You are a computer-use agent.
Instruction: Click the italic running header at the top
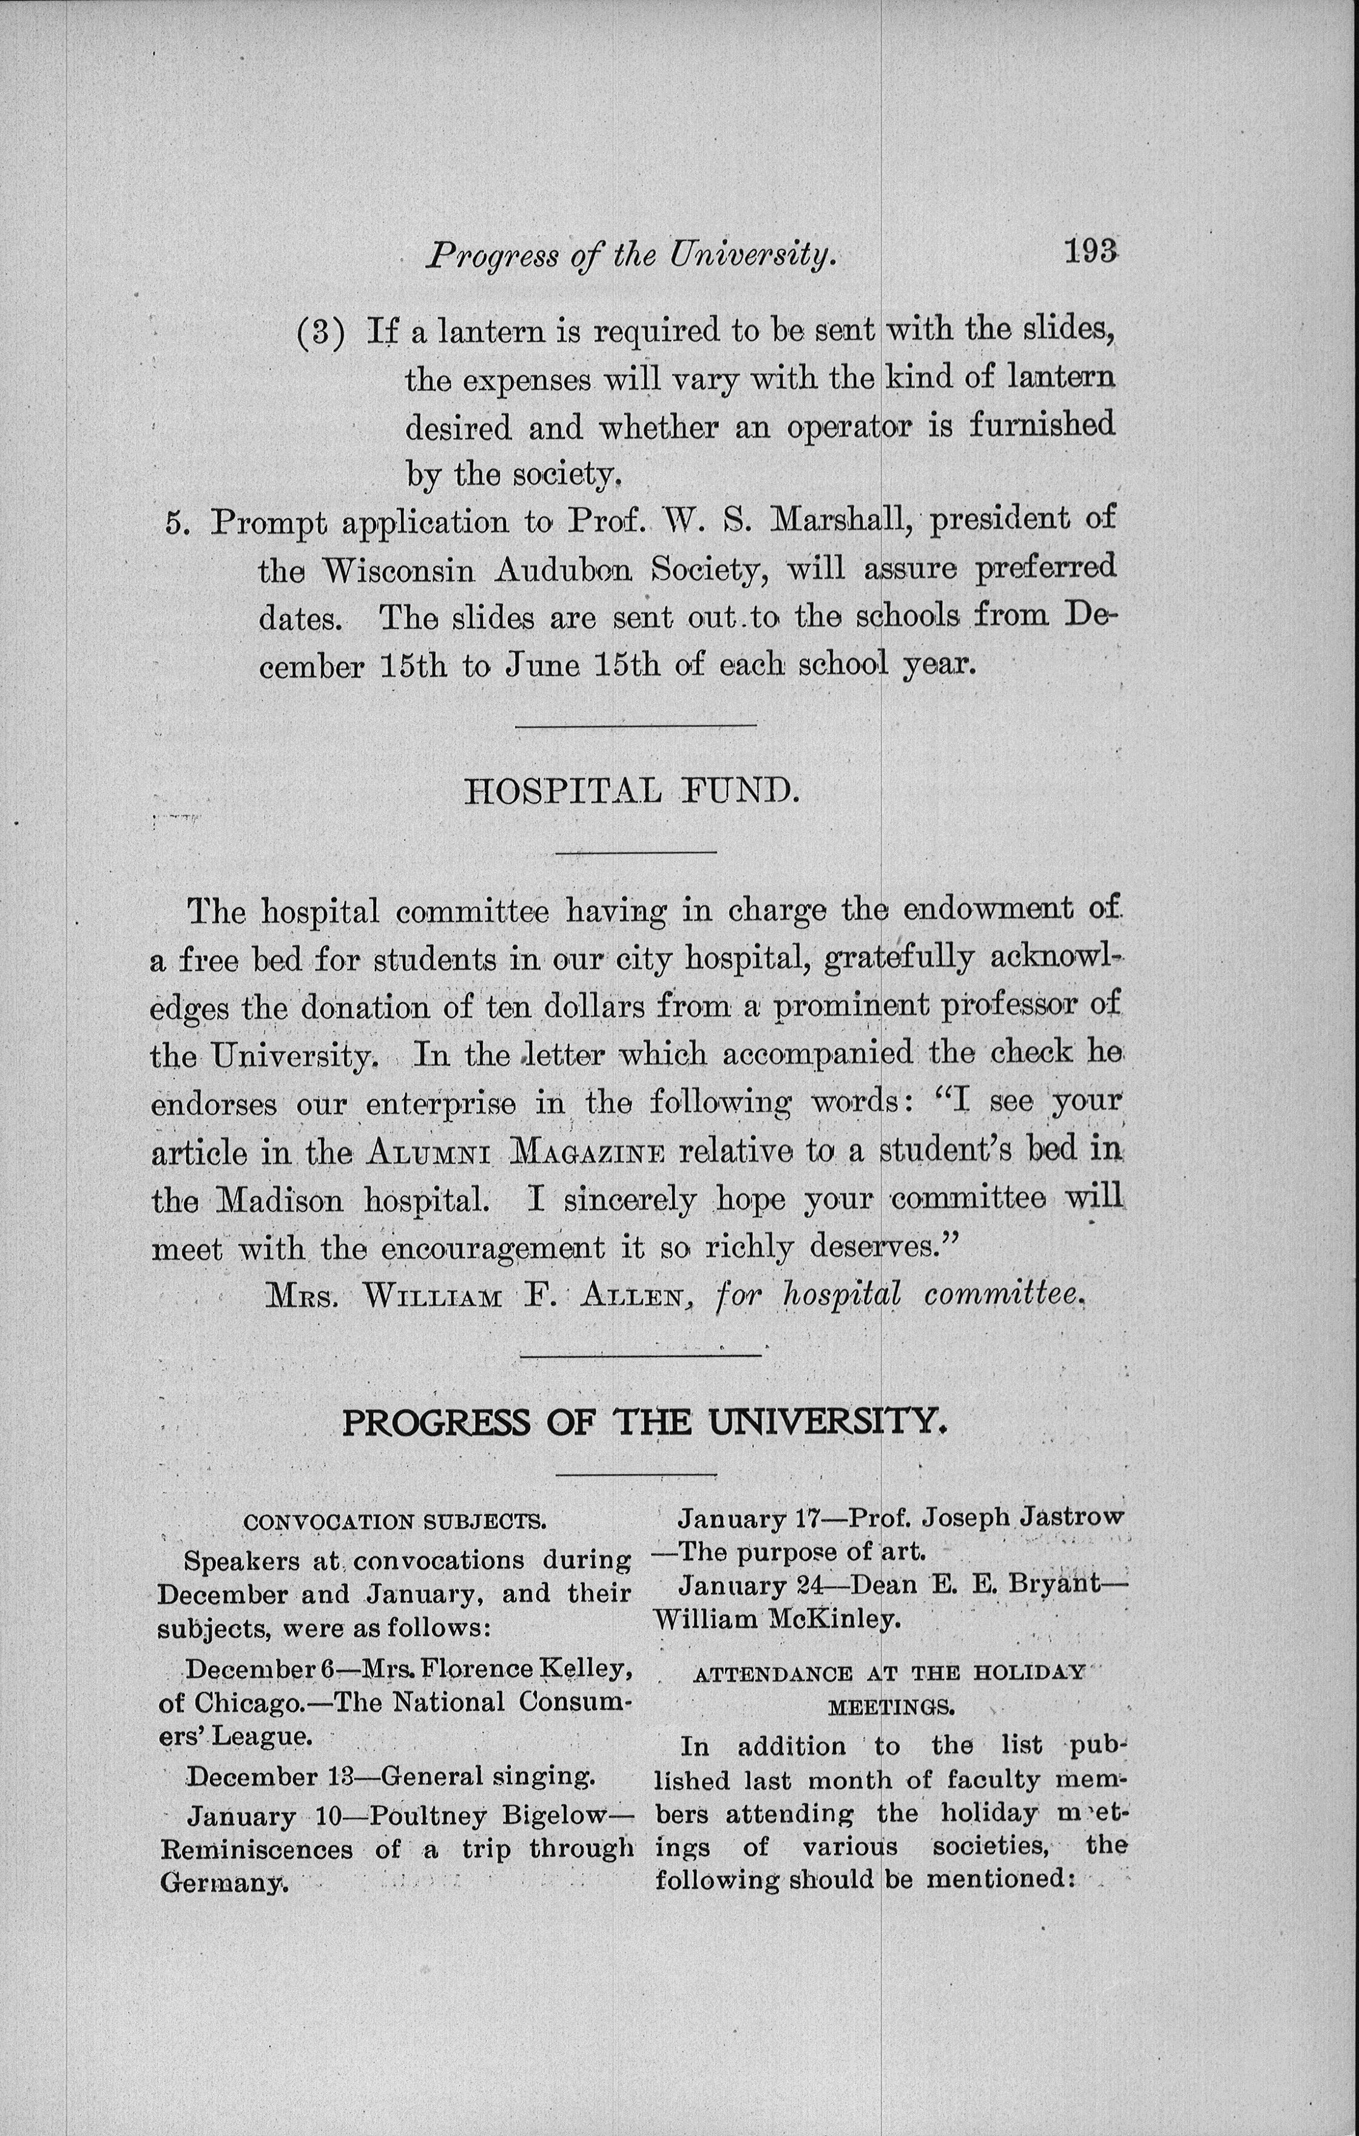click(x=632, y=255)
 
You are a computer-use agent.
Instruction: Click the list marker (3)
click(x=319, y=333)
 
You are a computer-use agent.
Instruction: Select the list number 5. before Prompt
click(x=177, y=523)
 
